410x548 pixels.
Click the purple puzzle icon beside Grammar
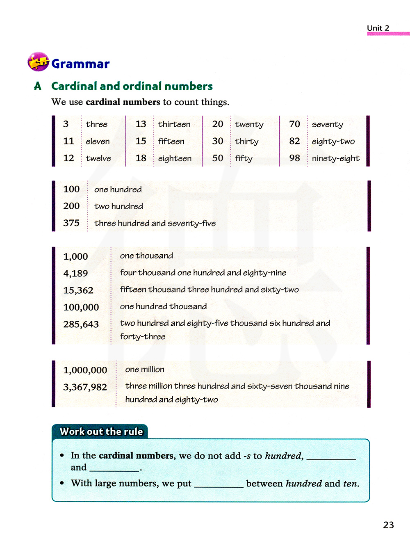[x=38, y=62]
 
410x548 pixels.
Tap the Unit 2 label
[x=378, y=28]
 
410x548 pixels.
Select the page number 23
[x=388, y=525]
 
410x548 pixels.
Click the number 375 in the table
[x=71, y=223]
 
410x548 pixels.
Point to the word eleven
[x=98, y=142]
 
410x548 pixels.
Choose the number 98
[x=294, y=158]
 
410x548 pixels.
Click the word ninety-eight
[x=335, y=159]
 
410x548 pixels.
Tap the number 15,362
[x=78, y=290]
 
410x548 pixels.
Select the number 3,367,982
[x=85, y=387]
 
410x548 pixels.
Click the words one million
[x=145, y=370]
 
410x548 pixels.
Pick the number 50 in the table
[x=218, y=158]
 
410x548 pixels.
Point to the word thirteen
[x=174, y=124]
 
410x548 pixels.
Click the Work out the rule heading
[x=101, y=432]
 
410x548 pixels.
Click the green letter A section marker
[x=38, y=86]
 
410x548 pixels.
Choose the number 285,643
[x=81, y=324]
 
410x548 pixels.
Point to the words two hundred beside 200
[x=118, y=206]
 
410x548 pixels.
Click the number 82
[x=294, y=142]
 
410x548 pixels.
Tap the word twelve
[x=98, y=159]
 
